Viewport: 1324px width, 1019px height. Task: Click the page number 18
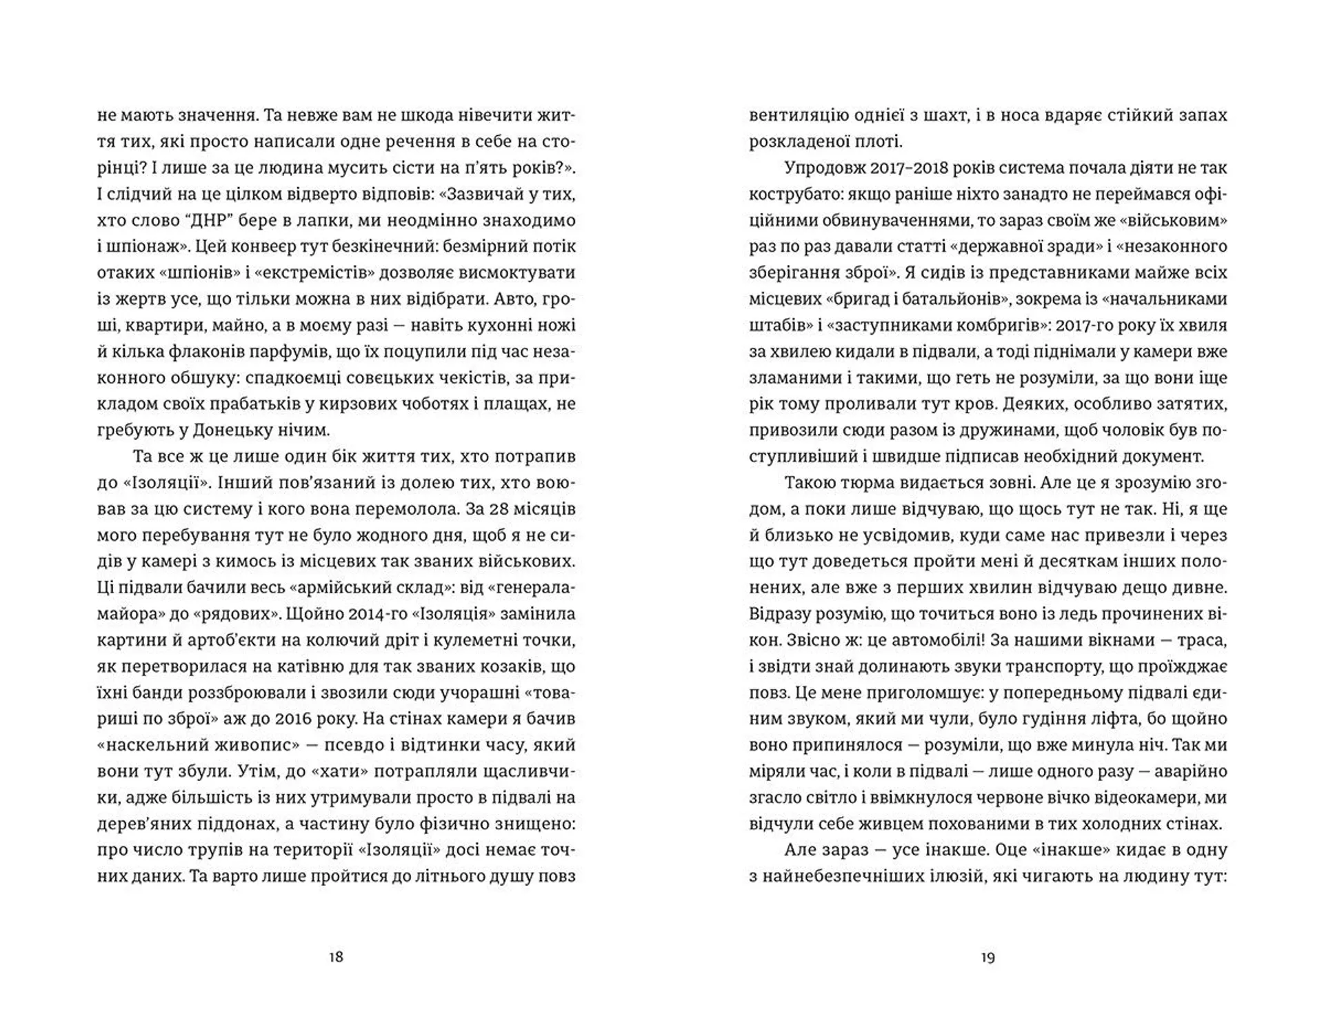point(336,957)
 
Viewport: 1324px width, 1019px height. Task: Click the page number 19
point(987,957)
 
